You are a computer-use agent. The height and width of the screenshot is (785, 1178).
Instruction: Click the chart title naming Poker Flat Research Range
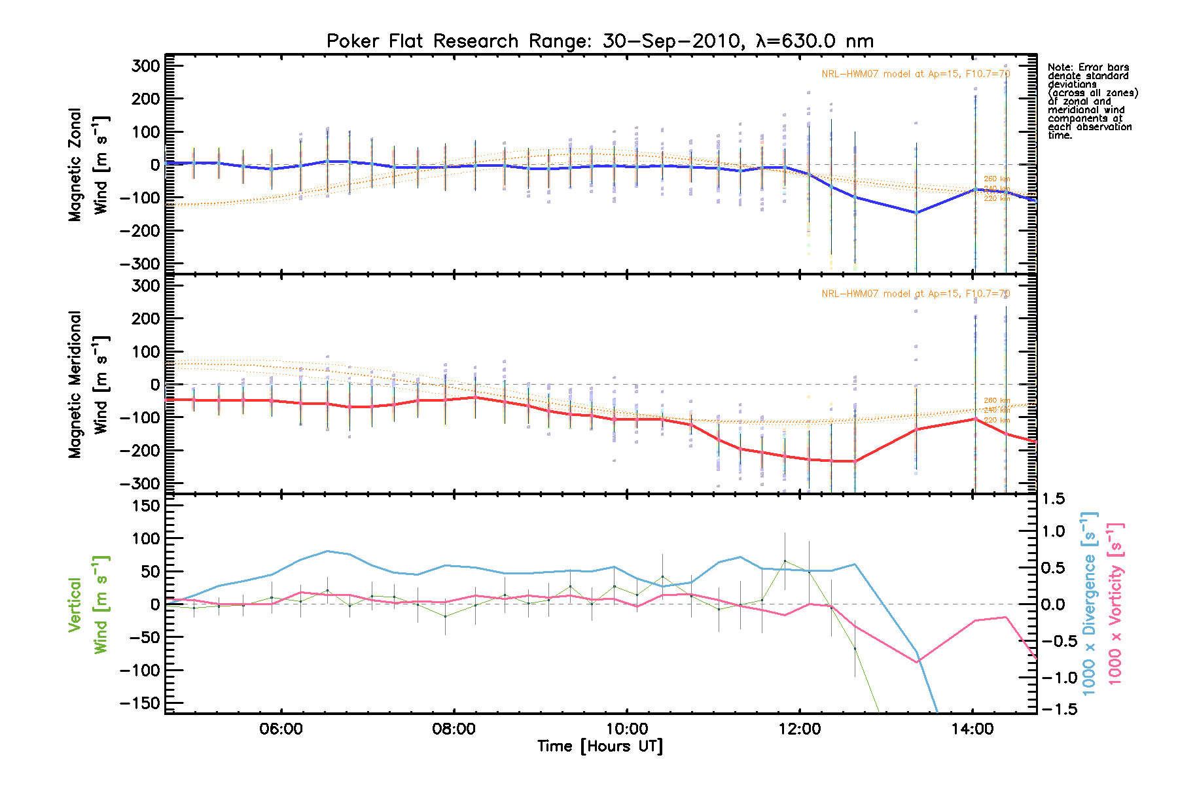tap(600, 41)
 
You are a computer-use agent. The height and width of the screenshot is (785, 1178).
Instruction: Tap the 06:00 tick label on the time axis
tap(281, 729)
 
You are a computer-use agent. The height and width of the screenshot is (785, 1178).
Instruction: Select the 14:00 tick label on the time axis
tap(973, 729)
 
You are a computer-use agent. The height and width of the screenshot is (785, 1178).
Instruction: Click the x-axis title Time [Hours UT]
tap(600, 746)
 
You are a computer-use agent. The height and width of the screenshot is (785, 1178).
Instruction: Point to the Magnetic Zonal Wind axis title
tap(88, 165)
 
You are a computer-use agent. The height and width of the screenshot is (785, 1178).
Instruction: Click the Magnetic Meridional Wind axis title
tap(88, 385)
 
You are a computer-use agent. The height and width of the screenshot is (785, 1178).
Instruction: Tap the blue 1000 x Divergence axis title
tap(1090, 604)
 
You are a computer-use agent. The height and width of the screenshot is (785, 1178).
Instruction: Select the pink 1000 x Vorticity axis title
tap(1116, 604)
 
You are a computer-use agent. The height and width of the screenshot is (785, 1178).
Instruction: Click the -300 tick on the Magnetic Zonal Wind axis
tap(141, 264)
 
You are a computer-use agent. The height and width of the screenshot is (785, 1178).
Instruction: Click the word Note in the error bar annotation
tap(1060, 67)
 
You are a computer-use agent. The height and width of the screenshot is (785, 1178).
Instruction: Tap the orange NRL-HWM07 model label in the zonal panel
tap(916, 74)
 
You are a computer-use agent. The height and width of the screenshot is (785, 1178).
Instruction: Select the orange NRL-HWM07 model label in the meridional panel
tap(916, 294)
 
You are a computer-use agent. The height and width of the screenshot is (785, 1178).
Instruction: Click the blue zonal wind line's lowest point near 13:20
tap(916, 213)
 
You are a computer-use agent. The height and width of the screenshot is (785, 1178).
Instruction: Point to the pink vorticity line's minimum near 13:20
tap(917, 662)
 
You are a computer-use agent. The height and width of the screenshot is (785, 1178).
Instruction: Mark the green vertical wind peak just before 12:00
tap(785, 561)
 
